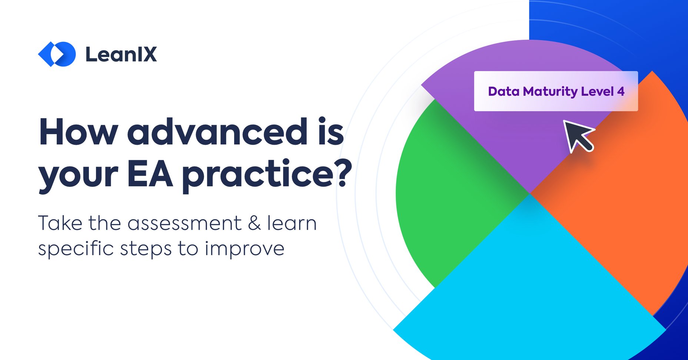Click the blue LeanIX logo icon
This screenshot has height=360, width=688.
[57, 54]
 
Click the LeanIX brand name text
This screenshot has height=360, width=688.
[121, 54]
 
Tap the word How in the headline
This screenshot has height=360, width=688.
[78, 132]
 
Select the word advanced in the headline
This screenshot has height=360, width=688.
[217, 132]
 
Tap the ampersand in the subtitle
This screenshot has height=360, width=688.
[254, 223]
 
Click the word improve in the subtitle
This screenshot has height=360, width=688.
[245, 249]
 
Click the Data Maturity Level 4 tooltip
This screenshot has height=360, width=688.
[556, 91]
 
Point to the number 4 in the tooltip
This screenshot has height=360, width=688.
[621, 91]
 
